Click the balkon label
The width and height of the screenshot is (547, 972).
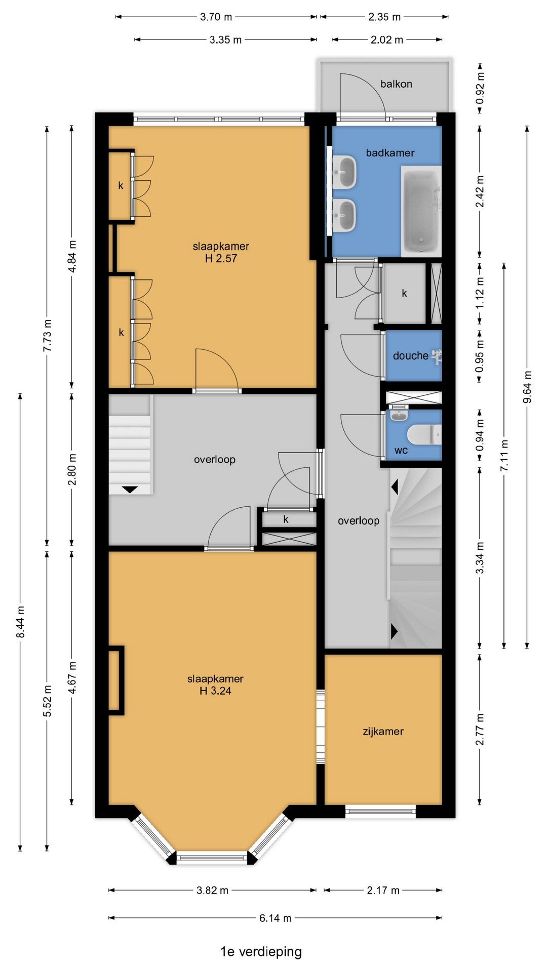click(396, 84)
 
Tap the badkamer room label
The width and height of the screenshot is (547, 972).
click(390, 153)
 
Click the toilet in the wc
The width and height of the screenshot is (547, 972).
click(424, 434)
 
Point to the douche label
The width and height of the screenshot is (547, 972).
click(411, 356)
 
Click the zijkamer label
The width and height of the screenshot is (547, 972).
click(383, 732)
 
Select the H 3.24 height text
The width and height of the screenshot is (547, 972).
click(215, 691)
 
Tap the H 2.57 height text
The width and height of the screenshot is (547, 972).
click(221, 259)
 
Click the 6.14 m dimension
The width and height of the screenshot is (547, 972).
click(275, 918)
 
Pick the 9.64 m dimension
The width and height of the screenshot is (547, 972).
click(527, 387)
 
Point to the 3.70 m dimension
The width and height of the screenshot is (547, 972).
click(216, 17)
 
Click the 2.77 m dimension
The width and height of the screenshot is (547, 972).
click(480, 730)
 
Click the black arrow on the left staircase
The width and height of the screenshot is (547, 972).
click(130, 490)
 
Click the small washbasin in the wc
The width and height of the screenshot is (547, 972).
click(399, 415)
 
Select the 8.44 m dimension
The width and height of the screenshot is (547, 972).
click(20, 622)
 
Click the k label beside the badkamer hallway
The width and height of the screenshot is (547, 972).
click(404, 293)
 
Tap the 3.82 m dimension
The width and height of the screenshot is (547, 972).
click(212, 890)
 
